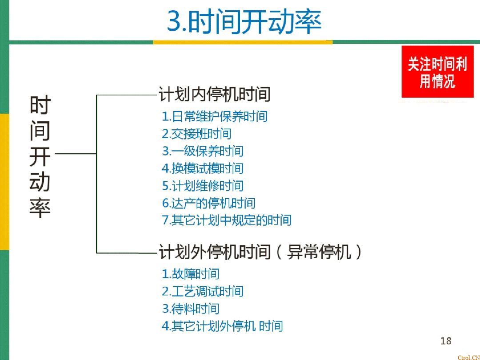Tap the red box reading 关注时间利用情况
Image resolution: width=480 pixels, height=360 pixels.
coord(437,72)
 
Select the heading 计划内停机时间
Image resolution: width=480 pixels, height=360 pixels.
coord(215,94)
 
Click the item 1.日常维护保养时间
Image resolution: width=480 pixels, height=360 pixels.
coord(215,116)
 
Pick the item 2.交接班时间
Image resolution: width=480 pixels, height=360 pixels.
coord(196,134)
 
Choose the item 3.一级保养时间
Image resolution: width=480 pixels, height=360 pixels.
coord(203,151)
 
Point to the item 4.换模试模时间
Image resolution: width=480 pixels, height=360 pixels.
coord(203,168)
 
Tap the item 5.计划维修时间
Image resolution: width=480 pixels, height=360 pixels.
coord(203,186)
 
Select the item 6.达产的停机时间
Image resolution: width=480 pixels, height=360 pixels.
coord(208,203)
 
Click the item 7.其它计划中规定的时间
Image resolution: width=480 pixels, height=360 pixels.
coord(227,220)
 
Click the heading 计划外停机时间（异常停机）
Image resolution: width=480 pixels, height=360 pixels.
coord(260,252)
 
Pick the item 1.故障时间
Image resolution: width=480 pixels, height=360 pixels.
coord(190,274)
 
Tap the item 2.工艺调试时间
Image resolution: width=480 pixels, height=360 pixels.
coord(203,291)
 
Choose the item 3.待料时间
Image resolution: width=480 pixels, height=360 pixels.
coord(190,308)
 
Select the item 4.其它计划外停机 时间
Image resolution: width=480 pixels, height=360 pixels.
coord(222,326)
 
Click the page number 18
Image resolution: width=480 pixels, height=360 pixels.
coord(445,341)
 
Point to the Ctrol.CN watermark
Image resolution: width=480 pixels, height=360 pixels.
coord(468,357)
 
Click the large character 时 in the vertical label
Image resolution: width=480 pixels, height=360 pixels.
coord(40,105)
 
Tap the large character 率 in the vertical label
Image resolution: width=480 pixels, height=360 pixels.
coord(40,207)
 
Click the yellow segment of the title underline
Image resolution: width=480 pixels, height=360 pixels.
coord(243,42)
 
